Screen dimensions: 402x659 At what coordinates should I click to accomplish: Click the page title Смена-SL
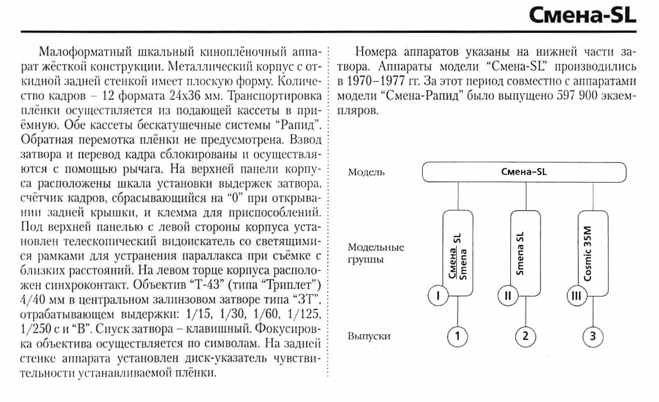coord(583,15)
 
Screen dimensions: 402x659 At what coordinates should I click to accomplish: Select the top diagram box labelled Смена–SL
coord(523,172)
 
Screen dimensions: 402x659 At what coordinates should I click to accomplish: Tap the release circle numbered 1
coord(457,337)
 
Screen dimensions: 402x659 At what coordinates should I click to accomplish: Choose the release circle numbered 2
coord(525,337)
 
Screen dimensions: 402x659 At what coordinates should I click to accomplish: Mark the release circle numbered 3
coord(593,337)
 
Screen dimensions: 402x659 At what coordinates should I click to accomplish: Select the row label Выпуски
coord(369,336)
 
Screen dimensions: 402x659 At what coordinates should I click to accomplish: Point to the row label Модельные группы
coord(376,253)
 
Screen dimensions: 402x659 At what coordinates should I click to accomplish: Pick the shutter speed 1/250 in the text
coord(34,329)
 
